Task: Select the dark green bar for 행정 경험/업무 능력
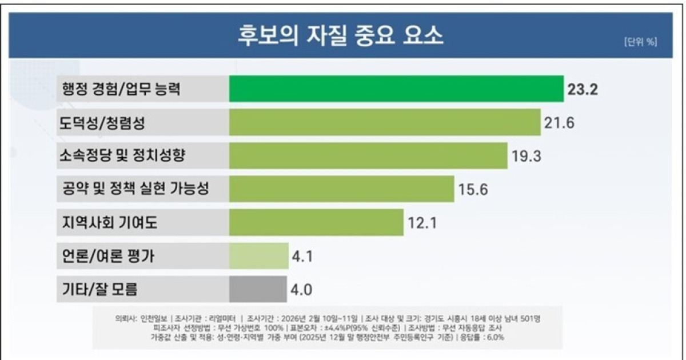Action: (x=396, y=89)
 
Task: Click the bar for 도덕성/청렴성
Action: (x=384, y=122)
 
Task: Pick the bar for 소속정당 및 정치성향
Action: (x=368, y=155)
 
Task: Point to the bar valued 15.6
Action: (x=341, y=189)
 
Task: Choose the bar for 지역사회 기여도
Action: (x=316, y=223)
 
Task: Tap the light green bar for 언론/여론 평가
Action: (x=258, y=256)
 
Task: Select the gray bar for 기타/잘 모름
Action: (x=258, y=289)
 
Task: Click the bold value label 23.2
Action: (x=583, y=90)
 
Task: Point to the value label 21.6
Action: (x=559, y=123)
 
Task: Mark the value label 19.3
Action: (x=527, y=156)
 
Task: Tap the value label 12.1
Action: (x=422, y=223)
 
